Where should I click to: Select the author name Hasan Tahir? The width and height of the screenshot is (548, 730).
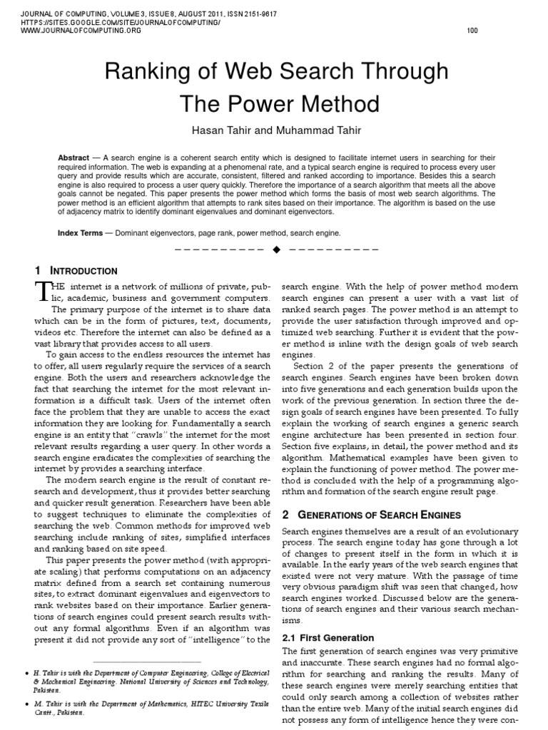220,132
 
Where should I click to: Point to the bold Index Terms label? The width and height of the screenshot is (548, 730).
82,233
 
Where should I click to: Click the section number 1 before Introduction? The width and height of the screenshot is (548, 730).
38,271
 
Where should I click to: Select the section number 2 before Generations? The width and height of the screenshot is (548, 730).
286,515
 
